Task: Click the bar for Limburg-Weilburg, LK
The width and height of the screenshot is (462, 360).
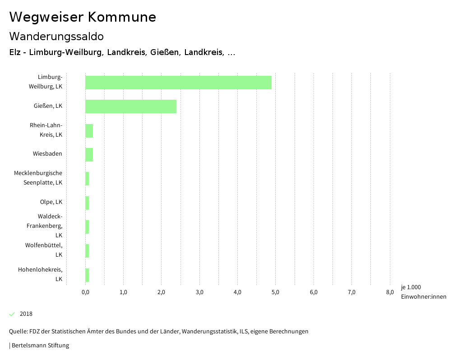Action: (x=178, y=83)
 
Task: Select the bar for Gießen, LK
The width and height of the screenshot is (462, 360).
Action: (x=131, y=106)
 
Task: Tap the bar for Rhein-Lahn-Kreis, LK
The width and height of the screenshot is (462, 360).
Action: (x=89, y=130)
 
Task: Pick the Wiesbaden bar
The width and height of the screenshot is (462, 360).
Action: (x=89, y=154)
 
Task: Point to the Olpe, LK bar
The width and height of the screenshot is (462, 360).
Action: (x=87, y=203)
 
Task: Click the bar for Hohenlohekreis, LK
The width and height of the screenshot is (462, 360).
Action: (x=87, y=275)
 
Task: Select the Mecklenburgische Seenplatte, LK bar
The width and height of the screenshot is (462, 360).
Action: (x=87, y=179)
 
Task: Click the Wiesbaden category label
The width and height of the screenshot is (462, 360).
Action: (x=47, y=154)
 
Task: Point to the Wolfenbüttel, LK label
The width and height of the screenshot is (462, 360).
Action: (x=44, y=250)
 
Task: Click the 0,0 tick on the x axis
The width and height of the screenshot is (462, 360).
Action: (x=85, y=292)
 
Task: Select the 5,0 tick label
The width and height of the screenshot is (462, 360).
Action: (x=276, y=292)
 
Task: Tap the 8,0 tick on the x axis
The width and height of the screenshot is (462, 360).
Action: (x=390, y=292)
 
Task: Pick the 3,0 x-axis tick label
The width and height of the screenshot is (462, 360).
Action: (x=199, y=292)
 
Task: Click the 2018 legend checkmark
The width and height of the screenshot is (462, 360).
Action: (x=12, y=314)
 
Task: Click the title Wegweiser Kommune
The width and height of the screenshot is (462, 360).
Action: (x=83, y=17)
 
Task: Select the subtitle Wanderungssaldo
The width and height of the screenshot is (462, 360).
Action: (x=56, y=36)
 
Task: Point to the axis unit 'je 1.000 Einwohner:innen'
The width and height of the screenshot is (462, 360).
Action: (x=423, y=292)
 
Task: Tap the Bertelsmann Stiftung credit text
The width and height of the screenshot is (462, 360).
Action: (x=40, y=346)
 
